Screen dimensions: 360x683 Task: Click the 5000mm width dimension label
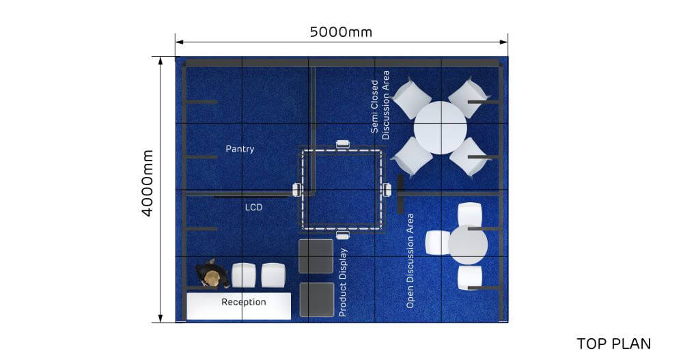(341, 32)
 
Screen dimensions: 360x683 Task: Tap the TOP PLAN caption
(613, 343)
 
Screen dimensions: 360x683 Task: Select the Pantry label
(240, 148)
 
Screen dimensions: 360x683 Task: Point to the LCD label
(254, 206)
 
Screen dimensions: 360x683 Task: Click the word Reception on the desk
(243, 301)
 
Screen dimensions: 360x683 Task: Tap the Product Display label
(344, 282)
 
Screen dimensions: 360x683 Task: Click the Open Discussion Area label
(410, 260)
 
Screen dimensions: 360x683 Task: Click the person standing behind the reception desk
(213, 275)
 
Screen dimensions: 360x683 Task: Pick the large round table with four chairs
(441, 128)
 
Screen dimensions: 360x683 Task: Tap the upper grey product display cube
(316, 255)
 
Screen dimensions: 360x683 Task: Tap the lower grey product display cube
(316, 299)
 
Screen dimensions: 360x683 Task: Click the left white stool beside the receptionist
(244, 275)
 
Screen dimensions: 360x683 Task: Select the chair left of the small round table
(436, 243)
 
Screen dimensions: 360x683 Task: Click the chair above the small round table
(469, 214)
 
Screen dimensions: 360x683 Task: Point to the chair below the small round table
(469, 277)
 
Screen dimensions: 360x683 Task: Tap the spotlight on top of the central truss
(342, 144)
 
